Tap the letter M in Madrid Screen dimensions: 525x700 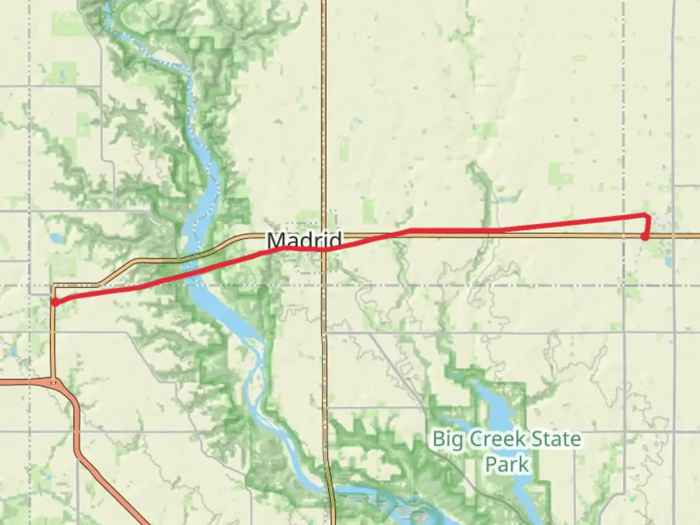pos(275,240)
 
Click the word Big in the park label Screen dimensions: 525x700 pos(445,439)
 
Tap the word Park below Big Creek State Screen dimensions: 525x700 pos(507,464)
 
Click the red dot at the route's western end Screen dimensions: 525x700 pos(55,302)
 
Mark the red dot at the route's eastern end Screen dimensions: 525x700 pos(645,237)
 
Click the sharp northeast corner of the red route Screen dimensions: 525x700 pos(647,215)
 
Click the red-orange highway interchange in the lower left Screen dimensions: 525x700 pos(53,382)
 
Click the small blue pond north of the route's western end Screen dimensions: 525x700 pos(54,238)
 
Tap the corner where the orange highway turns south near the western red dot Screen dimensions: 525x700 pos(53,285)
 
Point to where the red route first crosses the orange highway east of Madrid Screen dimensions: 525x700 pos(384,236)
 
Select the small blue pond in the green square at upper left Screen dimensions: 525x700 pos(62,75)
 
